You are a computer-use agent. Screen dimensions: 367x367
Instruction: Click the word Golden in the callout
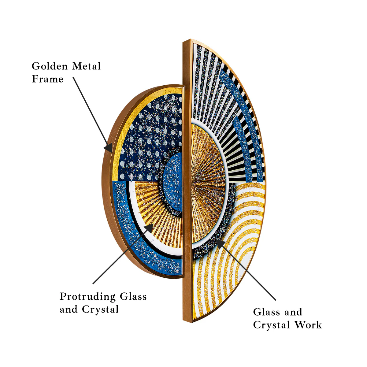pyautogui.click(x=50, y=66)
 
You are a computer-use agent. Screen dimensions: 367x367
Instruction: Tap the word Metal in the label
pyautogui.click(x=86, y=66)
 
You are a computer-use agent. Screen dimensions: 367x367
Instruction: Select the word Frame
pyautogui.click(x=47, y=79)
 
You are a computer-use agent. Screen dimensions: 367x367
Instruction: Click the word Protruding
pyautogui.click(x=87, y=297)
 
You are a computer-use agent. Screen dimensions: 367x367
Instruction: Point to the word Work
pyautogui.click(x=308, y=325)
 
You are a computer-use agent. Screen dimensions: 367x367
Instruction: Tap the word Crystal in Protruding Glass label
pyautogui.click(x=100, y=310)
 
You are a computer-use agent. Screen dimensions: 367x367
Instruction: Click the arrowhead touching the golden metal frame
pyautogui.click(x=108, y=148)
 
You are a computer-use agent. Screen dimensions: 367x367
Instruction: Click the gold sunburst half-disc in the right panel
pyautogui.click(x=207, y=183)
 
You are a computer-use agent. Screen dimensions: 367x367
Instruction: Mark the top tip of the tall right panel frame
pyautogui.click(x=191, y=39)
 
